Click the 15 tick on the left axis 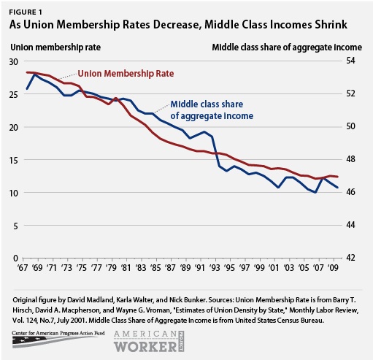13,160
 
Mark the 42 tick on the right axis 350,258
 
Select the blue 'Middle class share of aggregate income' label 212,110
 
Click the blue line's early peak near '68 34,74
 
